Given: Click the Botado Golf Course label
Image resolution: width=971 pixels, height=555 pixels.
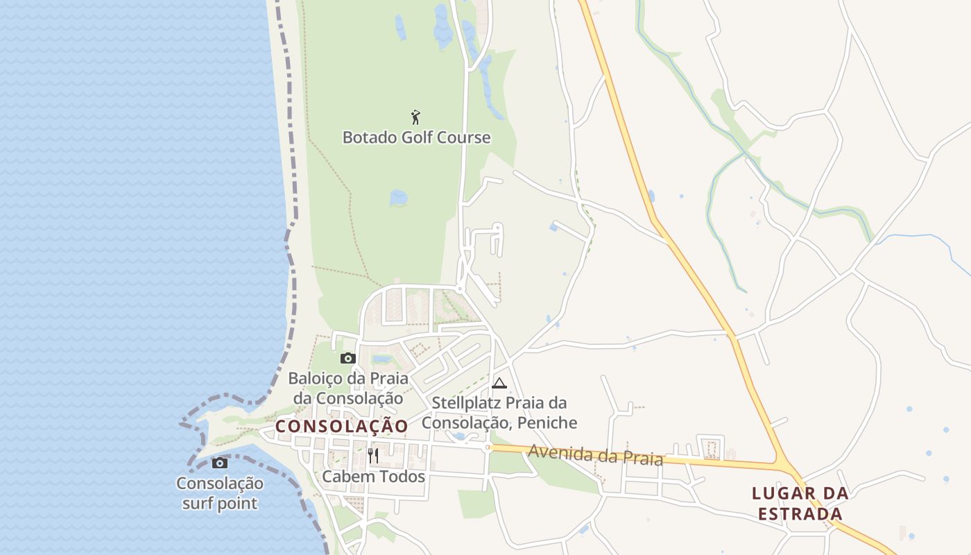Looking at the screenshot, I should [x=416, y=137].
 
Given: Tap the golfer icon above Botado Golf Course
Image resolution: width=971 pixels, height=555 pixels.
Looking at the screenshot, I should [x=415, y=117].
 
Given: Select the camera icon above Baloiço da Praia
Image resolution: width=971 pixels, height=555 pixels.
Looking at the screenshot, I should [x=348, y=358].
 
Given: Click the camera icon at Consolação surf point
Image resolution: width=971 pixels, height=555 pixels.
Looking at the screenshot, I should [x=220, y=463].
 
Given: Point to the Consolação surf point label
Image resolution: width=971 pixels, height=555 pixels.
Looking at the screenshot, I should [x=220, y=493].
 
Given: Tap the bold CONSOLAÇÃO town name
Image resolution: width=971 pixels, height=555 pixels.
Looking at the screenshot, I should [x=342, y=427].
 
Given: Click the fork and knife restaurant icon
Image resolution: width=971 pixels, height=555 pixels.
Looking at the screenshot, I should [x=373, y=455].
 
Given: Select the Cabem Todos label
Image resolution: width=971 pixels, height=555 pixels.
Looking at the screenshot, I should [x=373, y=477].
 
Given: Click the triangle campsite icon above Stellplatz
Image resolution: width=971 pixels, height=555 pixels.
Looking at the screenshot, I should [x=499, y=383].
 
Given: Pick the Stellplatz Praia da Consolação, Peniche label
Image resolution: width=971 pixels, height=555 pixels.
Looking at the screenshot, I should [x=499, y=412].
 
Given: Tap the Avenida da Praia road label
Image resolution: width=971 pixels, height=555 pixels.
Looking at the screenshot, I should [x=596, y=455].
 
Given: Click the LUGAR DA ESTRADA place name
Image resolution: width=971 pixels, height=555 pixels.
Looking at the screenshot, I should [x=800, y=504].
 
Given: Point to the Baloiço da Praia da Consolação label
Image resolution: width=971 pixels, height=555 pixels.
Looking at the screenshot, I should [x=348, y=388].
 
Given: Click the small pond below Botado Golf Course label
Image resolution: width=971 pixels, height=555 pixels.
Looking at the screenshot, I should [x=399, y=198].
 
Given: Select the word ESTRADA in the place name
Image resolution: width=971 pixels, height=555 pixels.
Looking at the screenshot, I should [x=800, y=514].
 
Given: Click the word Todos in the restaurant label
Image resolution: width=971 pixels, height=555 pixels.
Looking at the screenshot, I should [x=403, y=477].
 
